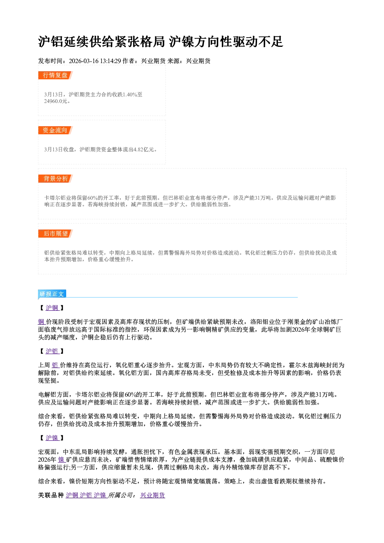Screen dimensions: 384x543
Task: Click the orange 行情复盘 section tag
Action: (x=55, y=75)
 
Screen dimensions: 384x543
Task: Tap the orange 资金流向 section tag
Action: (x=55, y=130)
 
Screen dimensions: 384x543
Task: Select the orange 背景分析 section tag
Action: (x=55, y=178)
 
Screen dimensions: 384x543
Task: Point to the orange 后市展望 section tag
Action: (x=55, y=233)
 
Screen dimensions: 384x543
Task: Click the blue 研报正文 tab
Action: (x=52, y=294)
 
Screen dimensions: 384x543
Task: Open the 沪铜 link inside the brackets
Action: (x=52, y=308)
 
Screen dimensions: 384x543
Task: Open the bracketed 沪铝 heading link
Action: (x=52, y=351)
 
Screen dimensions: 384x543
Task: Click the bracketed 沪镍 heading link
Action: (x=52, y=438)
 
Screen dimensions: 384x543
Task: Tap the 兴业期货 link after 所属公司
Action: (x=153, y=495)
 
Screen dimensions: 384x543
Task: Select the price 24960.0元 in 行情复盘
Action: (x=55, y=101)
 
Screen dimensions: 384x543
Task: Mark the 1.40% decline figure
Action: (x=130, y=94)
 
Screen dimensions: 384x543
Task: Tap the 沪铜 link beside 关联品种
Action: (x=72, y=495)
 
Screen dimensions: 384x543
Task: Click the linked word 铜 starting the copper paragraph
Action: (x=41, y=322)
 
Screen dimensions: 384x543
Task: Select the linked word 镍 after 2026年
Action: (x=62, y=460)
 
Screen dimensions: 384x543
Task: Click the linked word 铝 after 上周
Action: (x=55, y=365)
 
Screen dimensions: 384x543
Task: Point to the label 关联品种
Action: (x=51, y=495)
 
